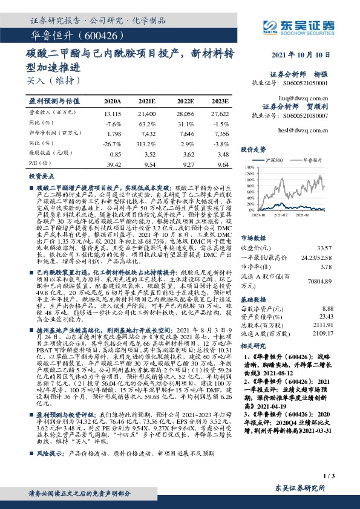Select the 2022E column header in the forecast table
pos(185,102)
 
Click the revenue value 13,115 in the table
pos(113,114)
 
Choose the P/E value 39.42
pos(113,164)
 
